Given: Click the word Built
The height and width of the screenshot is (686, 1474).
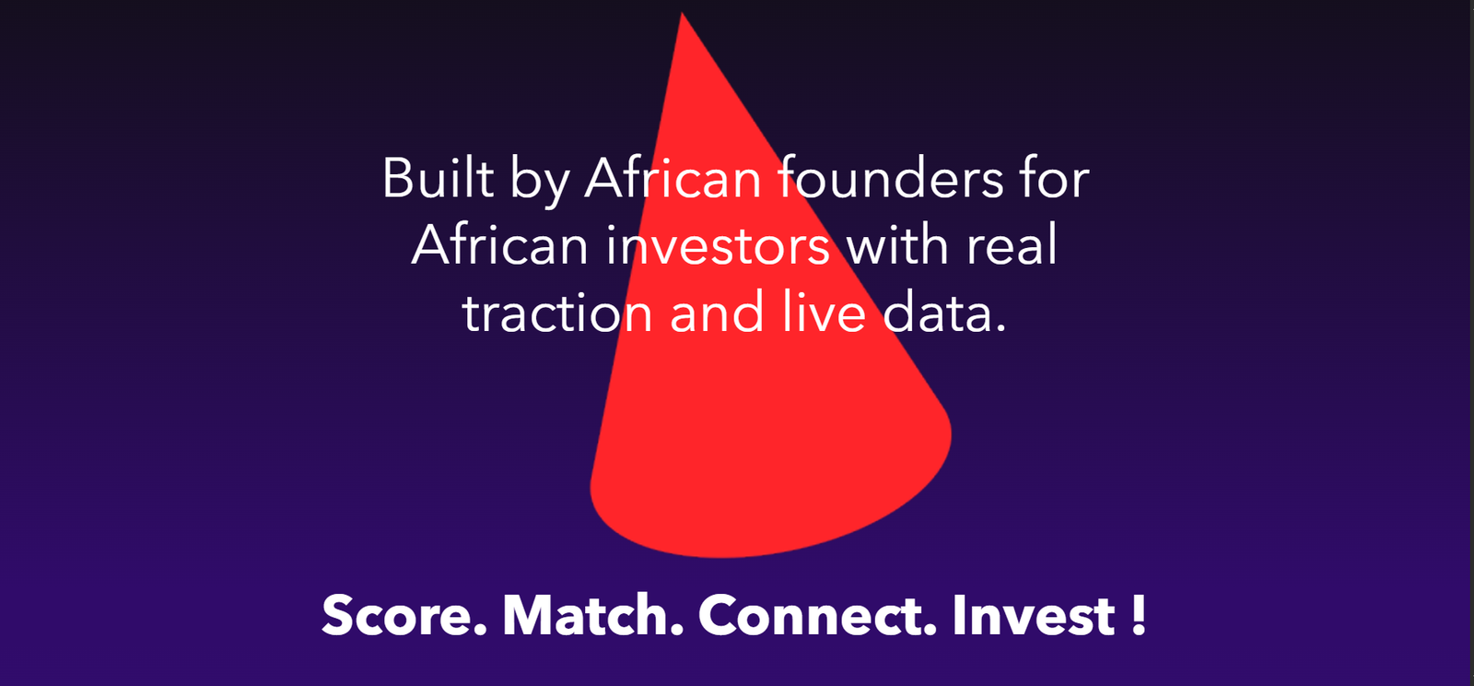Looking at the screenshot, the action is click(x=438, y=177).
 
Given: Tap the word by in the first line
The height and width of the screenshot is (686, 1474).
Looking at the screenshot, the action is click(x=540, y=183).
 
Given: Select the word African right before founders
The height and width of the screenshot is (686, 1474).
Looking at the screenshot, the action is click(x=673, y=177).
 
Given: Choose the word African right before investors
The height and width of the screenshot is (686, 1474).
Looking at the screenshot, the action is click(x=499, y=245).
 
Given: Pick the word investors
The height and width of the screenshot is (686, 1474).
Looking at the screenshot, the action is click(x=718, y=245).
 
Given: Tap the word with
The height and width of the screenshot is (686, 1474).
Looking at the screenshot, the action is click(x=897, y=244).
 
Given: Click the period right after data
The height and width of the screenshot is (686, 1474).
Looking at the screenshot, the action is click(x=1000, y=327).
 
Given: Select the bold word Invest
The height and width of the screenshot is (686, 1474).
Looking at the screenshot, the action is click(x=1034, y=615).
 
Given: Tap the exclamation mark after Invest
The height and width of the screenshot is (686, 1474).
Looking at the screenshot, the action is click(x=1139, y=615).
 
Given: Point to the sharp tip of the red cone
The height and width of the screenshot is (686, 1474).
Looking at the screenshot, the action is click(x=683, y=13).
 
